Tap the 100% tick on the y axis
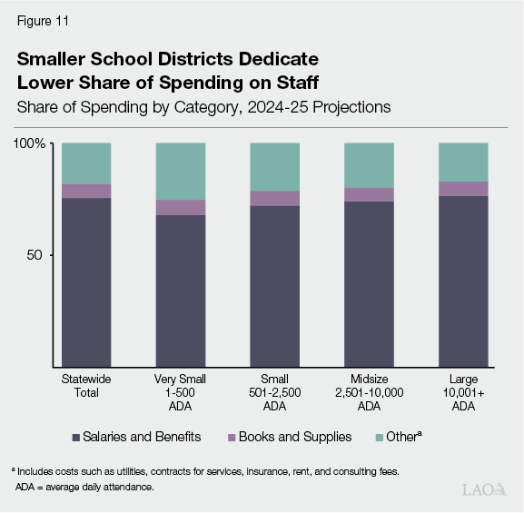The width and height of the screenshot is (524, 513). pyautogui.click(x=30, y=143)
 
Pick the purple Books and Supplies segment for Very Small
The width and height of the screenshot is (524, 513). pyautogui.click(x=180, y=207)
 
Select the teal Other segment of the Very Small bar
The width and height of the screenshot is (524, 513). pyautogui.click(x=180, y=171)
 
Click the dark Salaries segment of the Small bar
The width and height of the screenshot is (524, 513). pyautogui.click(x=274, y=286)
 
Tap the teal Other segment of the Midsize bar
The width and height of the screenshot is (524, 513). pyautogui.click(x=369, y=165)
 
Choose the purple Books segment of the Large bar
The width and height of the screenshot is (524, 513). pyautogui.click(x=463, y=189)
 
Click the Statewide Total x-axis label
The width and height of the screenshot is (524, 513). pyautogui.click(x=85, y=386)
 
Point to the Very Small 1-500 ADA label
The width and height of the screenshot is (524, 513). pyautogui.click(x=180, y=392)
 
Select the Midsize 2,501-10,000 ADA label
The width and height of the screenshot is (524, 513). pyautogui.click(x=369, y=392)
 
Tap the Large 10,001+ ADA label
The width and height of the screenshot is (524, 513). pyautogui.click(x=463, y=392)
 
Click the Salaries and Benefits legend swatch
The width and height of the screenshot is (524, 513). pyautogui.click(x=75, y=438)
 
